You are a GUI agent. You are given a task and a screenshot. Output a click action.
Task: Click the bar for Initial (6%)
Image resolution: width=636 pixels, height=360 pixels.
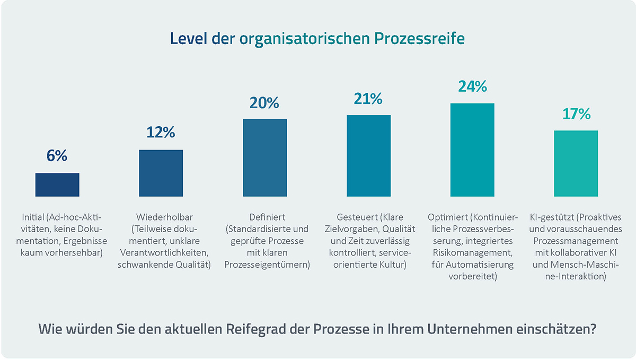click(x=57, y=185)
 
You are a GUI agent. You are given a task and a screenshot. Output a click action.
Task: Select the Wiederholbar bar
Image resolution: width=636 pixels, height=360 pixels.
click(x=161, y=173)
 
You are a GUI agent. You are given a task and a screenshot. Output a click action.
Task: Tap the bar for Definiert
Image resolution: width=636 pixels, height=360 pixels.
click(x=265, y=157)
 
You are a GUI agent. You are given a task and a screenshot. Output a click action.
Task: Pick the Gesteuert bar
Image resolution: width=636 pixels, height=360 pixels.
click(x=368, y=156)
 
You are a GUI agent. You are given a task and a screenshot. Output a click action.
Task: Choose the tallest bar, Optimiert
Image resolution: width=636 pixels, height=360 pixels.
click(x=472, y=150)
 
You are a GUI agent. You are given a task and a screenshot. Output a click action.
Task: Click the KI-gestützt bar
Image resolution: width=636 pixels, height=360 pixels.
click(x=576, y=163)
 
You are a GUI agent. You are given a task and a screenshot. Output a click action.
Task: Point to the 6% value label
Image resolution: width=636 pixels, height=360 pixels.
click(x=57, y=156)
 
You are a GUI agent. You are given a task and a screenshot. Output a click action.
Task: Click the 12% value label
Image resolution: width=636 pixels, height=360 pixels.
click(x=161, y=133)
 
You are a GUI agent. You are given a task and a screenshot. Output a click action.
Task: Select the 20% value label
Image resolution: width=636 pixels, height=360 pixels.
click(x=265, y=102)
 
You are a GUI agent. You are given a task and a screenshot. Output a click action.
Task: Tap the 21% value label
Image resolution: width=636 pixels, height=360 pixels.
click(x=368, y=99)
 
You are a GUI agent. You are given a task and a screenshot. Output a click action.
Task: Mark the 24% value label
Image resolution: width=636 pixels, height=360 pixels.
click(x=472, y=86)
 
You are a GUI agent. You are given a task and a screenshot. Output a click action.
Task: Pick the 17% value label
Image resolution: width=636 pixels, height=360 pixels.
click(x=576, y=114)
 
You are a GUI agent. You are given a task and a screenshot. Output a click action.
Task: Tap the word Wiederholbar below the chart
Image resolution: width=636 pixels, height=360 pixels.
click(x=164, y=217)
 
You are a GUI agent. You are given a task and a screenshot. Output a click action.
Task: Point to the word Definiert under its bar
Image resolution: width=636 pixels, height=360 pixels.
click(x=267, y=217)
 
